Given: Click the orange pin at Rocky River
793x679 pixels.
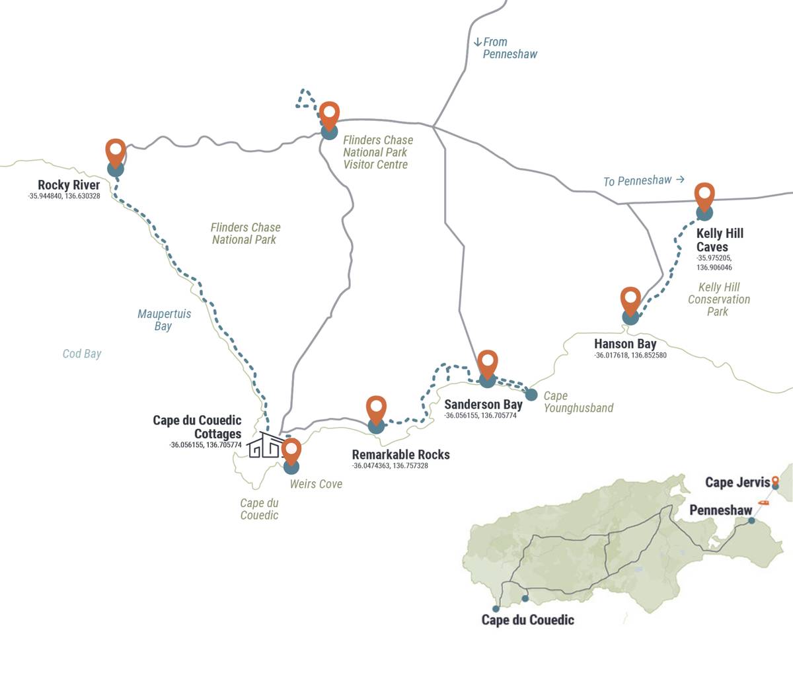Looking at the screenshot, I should [x=116, y=152].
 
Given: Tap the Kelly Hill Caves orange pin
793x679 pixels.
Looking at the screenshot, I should [x=704, y=196].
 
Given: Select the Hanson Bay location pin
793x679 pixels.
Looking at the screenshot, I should [x=630, y=301].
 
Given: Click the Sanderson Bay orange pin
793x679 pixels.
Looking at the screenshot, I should [x=488, y=364].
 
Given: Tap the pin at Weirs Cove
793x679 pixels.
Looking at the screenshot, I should [x=291, y=451].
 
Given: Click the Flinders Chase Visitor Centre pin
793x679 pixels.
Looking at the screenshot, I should [x=329, y=115].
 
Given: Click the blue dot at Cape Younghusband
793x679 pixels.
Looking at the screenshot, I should [x=531, y=395].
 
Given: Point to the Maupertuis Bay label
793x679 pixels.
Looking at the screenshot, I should [x=164, y=320].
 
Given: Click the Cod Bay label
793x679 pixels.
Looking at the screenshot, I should [x=82, y=354].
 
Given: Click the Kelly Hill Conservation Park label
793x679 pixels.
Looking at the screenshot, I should [x=718, y=299].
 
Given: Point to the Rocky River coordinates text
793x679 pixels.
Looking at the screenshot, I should [x=64, y=196].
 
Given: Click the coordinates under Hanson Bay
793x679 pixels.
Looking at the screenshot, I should [x=630, y=356].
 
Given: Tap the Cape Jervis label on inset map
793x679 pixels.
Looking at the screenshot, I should [x=737, y=482].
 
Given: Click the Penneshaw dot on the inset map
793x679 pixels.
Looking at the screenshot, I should [x=751, y=521].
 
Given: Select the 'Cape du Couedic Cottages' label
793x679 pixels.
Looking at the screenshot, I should [x=197, y=427].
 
